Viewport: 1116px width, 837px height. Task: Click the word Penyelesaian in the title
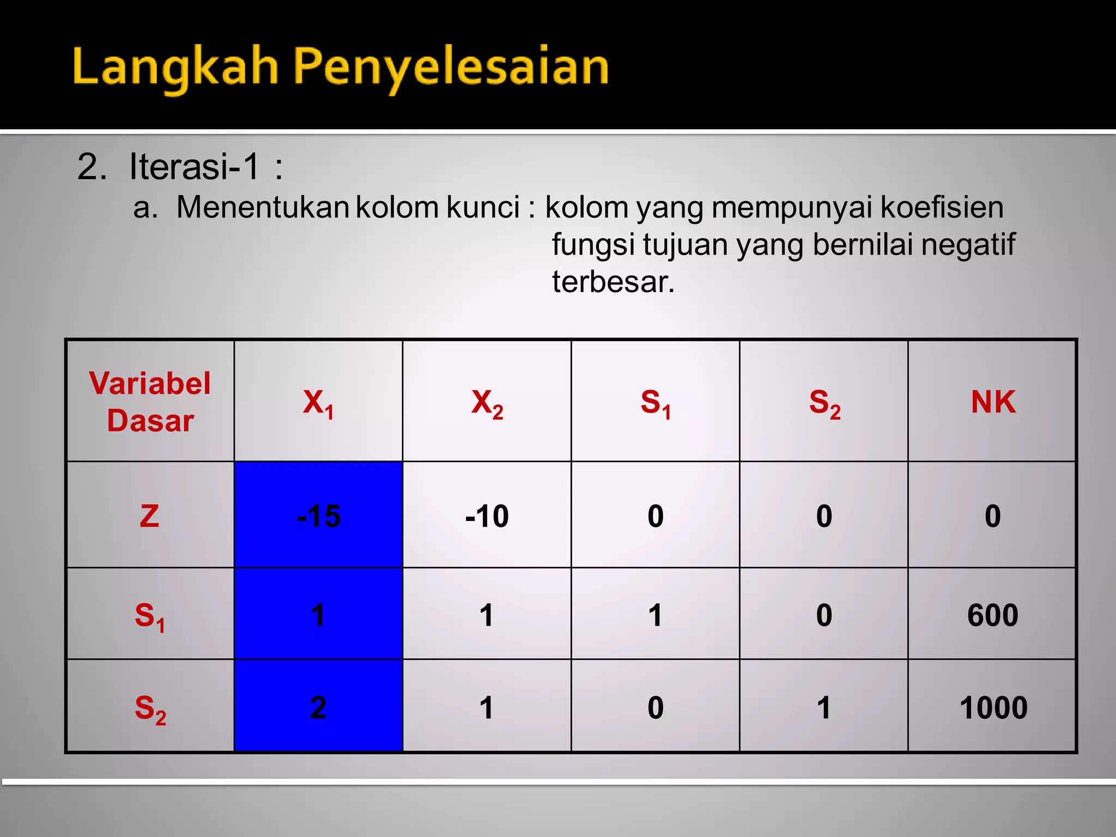point(451,68)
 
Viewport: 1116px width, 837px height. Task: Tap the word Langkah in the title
point(175,68)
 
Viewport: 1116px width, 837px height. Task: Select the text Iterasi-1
point(194,167)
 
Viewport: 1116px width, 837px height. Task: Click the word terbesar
point(613,282)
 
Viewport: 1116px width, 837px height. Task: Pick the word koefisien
point(942,208)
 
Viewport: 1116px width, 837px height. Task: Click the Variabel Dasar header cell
point(150,402)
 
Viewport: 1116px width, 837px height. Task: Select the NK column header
point(993,402)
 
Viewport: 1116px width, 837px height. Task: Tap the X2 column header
point(487,403)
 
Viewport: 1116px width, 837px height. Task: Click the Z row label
point(150,515)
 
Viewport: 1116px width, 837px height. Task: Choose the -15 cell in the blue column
point(319,515)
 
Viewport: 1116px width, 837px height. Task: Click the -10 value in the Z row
point(487,515)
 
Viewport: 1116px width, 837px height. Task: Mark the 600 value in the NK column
point(993,615)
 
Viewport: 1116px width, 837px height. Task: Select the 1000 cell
point(993,708)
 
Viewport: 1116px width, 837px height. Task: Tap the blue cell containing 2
point(319,708)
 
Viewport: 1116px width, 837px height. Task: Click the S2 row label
point(150,709)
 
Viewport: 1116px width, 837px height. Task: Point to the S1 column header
point(656,403)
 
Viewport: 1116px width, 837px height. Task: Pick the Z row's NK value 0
point(993,515)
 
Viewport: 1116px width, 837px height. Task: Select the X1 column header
point(319,403)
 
